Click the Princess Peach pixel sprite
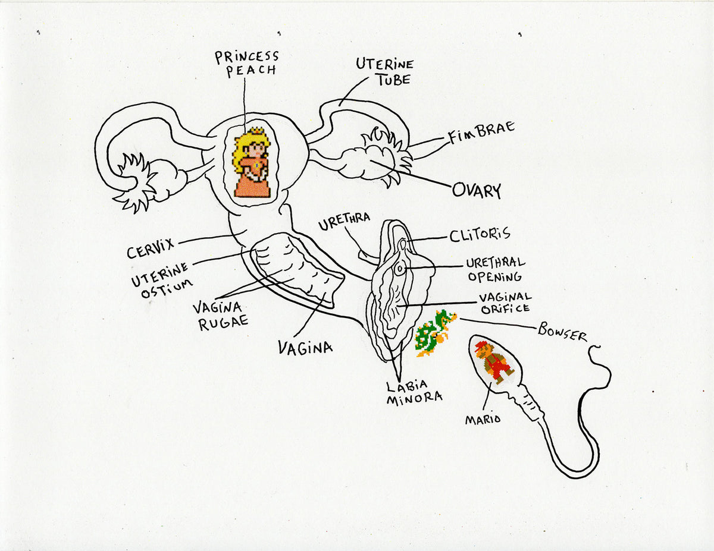pos(252,162)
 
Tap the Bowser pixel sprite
pos(436,333)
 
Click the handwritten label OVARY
pos(477,190)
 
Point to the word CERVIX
pos(151,249)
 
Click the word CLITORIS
pos(480,234)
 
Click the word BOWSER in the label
pos(562,332)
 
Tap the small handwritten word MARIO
pos(483,419)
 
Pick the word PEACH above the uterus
pos(251,71)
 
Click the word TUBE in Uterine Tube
pos(394,80)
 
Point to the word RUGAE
pos(223,323)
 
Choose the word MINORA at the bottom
pos(414,399)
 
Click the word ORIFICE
pos(505,308)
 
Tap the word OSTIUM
pos(167,288)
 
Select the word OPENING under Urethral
pos(494,276)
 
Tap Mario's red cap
pos(481,346)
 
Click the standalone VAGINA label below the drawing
pos(305,347)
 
